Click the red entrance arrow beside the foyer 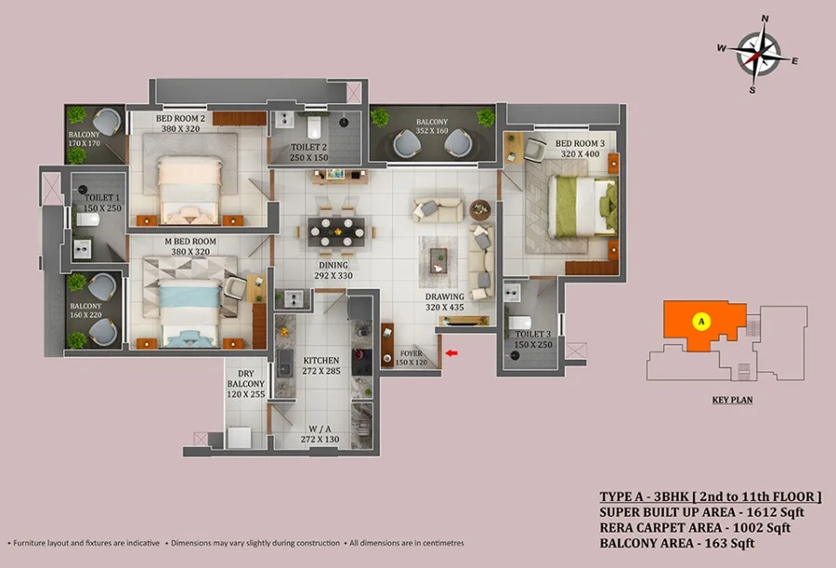pos(451,353)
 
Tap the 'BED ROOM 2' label pos(180,118)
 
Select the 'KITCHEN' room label pos(321,361)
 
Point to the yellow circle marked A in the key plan pos(701,322)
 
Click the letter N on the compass pos(765,19)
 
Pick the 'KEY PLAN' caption pos(733,400)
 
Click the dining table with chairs pos(336,231)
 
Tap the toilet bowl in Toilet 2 pos(314,126)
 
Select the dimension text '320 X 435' pos(445,307)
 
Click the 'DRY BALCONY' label pos(246,378)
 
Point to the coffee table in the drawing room pos(438,260)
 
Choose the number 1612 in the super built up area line pos(761,512)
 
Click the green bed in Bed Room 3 pos(582,206)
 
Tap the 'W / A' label pos(320,429)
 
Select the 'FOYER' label pos(411,353)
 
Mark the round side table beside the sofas pos(480,210)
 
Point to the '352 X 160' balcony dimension pos(432,131)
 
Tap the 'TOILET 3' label pos(532,334)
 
